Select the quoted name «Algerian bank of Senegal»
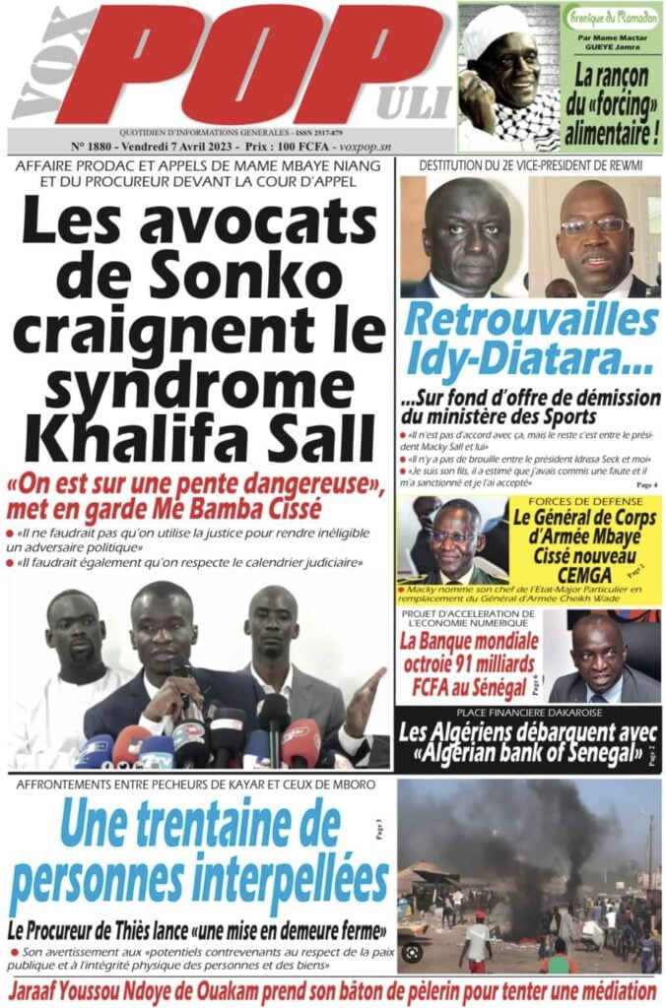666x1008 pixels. [x=530, y=756]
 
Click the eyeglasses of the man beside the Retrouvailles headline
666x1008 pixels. [x=594, y=225]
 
